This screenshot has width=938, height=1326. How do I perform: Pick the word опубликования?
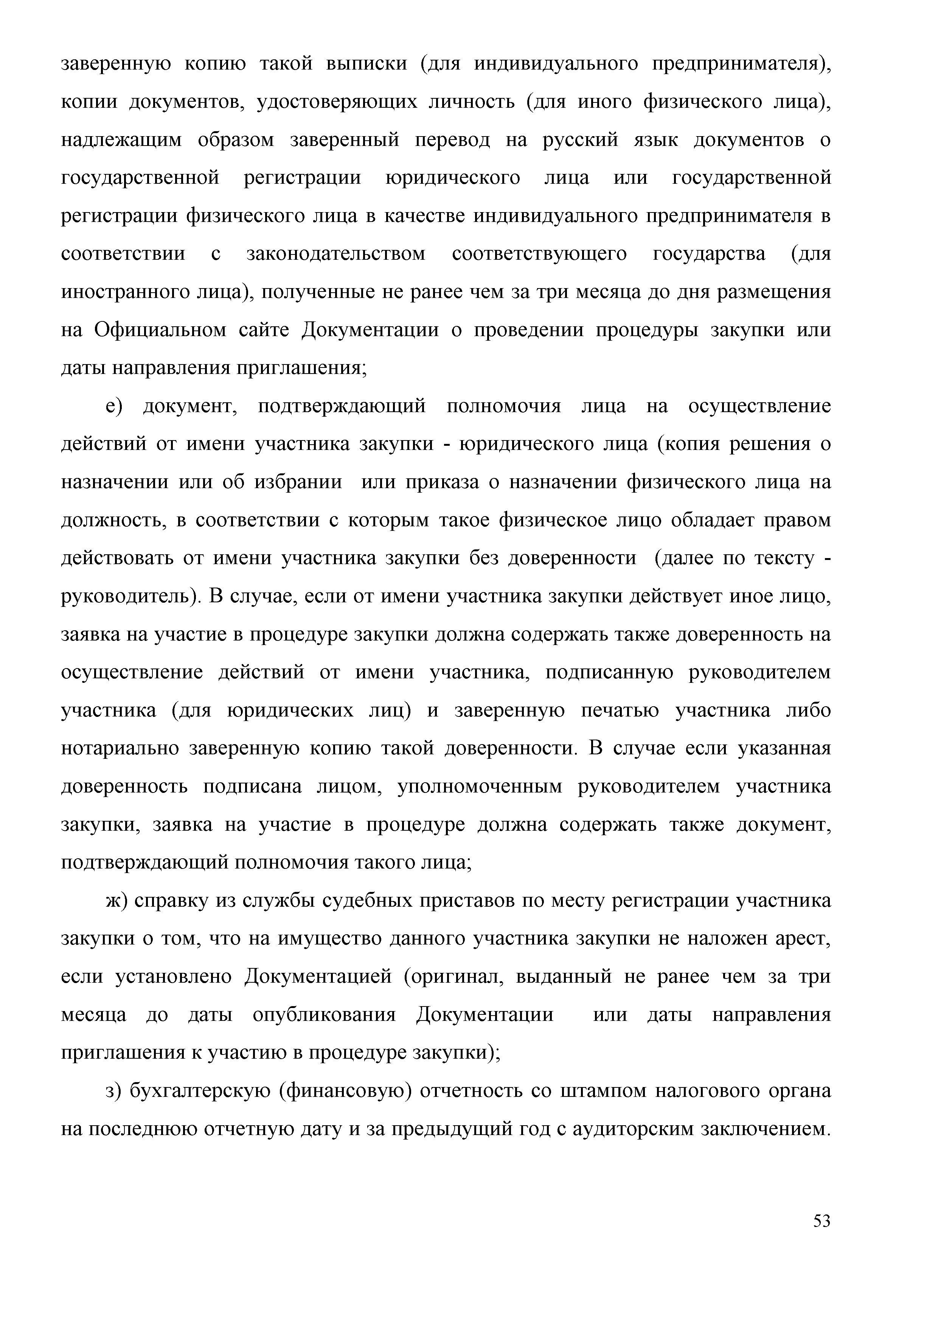[324, 1015]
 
